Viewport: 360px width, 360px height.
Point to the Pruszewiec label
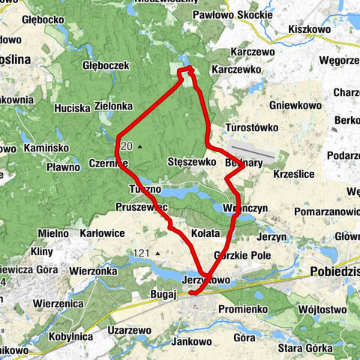(140, 206)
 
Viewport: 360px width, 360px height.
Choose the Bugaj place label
(161, 295)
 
